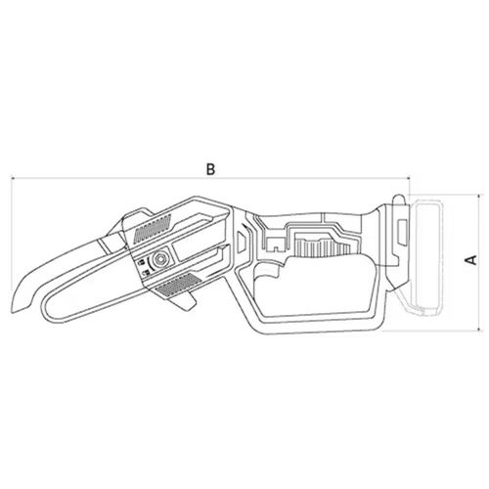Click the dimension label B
(211, 169)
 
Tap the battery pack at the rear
(426, 257)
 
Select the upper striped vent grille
(153, 228)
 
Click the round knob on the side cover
(160, 258)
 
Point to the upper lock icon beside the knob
(142, 262)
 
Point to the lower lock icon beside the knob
(146, 273)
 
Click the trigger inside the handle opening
(268, 272)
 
